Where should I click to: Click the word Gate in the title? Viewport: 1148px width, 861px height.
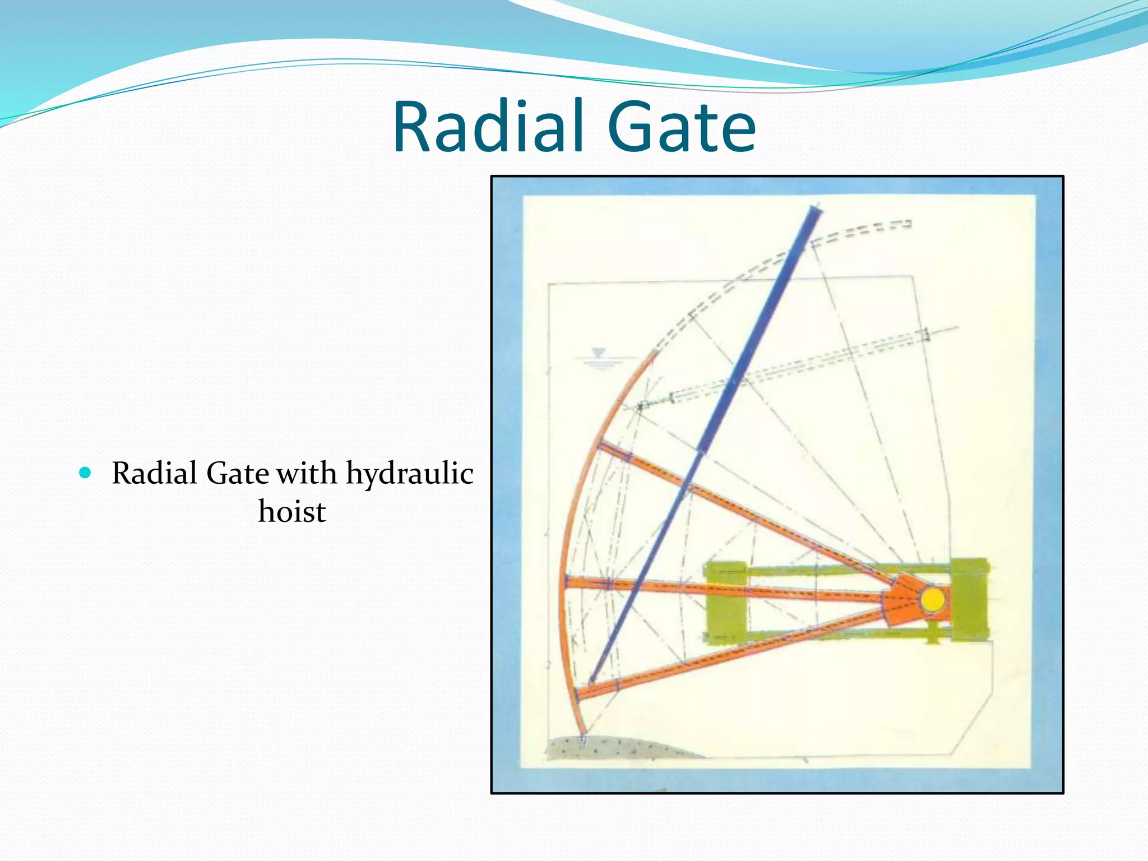[681, 128]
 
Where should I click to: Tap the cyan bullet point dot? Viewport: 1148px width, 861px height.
[85, 473]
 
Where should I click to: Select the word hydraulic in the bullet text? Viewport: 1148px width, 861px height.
[409, 474]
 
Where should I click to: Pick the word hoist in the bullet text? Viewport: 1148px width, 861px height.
[291, 511]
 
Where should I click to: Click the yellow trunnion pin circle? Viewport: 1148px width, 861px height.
[932, 599]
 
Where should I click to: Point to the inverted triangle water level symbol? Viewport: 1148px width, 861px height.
[599, 353]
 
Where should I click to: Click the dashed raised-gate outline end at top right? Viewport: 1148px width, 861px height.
[904, 224]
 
